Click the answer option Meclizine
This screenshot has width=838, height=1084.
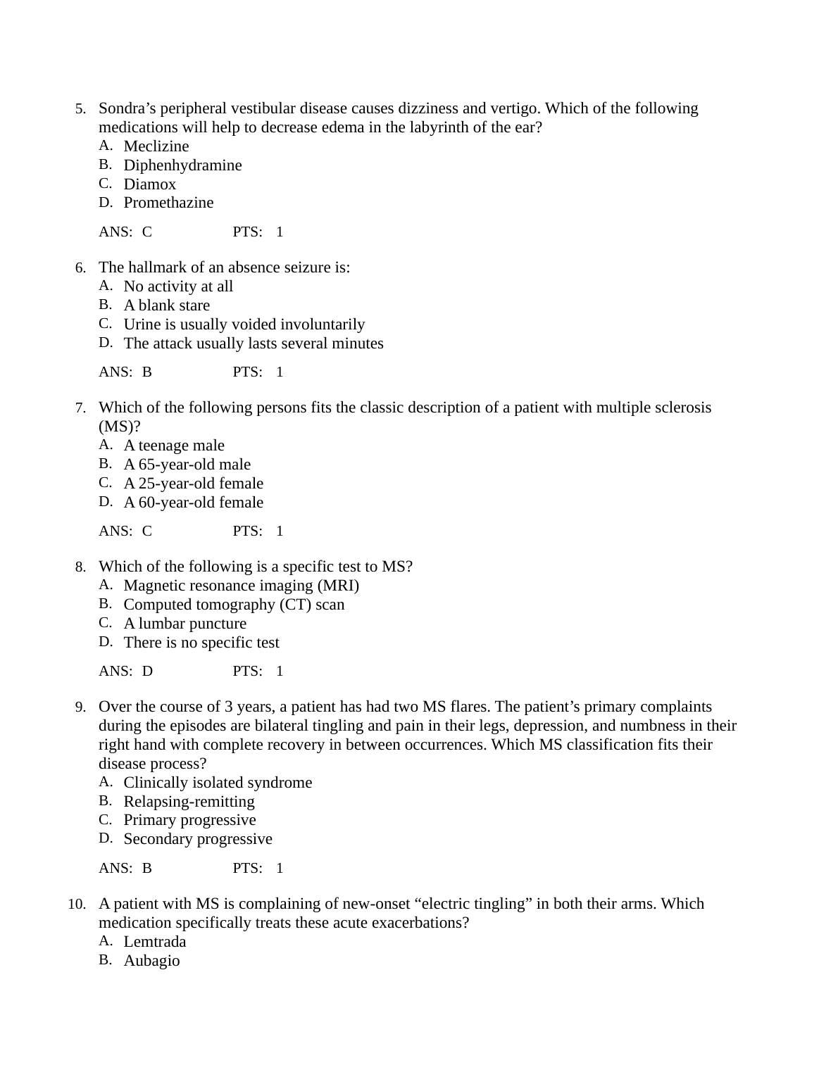156,146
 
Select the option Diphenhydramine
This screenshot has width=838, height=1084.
182,165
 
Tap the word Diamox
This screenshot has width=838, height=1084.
149,184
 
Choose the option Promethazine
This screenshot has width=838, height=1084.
168,203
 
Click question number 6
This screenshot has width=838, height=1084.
80,268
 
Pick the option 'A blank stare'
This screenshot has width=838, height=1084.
166,305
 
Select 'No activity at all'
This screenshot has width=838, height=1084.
178,286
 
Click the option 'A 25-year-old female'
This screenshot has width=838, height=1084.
193,484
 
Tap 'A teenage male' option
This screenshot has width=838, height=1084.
174,446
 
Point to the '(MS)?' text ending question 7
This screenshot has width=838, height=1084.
120,427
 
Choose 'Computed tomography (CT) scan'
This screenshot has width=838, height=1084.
234,605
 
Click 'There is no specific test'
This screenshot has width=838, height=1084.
201,643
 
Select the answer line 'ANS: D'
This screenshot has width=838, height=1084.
126,672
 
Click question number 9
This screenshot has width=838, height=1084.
80,707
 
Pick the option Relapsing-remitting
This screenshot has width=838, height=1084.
189,802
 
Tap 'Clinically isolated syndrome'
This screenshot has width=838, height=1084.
218,783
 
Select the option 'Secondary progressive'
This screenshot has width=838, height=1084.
198,839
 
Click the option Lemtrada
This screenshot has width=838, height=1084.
155,942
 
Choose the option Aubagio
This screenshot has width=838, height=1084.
151,961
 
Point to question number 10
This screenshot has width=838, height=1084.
77,905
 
